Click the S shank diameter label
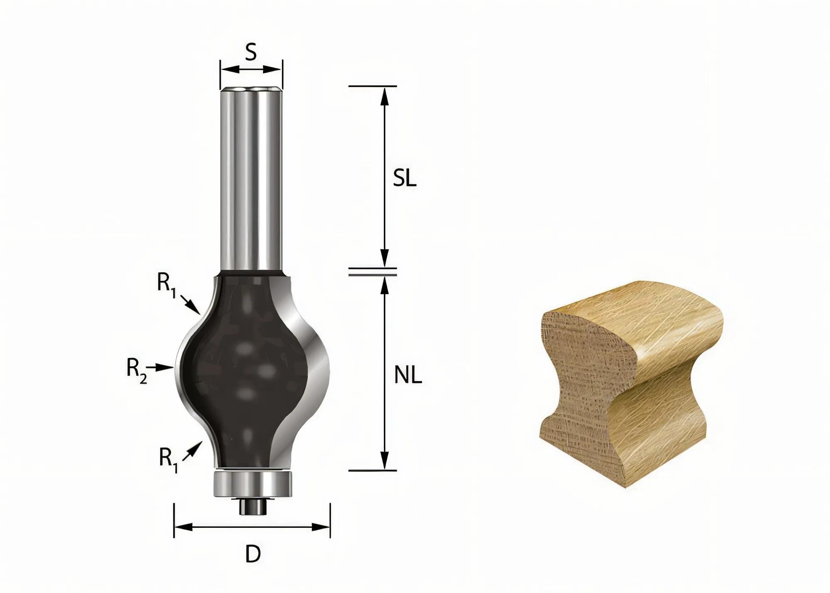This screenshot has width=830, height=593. [x=251, y=53]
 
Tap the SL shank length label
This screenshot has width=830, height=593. [x=404, y=179]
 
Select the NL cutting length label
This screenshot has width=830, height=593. [x=408, y=376]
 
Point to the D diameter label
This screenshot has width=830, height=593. [x=253, y=554]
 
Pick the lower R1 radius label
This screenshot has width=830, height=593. [x=168, y=460]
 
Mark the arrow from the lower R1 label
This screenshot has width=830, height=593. [x=193, y=450]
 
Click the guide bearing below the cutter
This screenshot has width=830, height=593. [x=252, y=484]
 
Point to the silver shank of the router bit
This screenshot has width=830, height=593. [x=251, y=178]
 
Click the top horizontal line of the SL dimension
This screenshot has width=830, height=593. [x=372, y=86]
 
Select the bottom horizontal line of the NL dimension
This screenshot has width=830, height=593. [x=372, y=471]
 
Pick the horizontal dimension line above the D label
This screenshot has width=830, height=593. [x=252, y=527]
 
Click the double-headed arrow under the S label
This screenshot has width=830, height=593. [x=251, y=69]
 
